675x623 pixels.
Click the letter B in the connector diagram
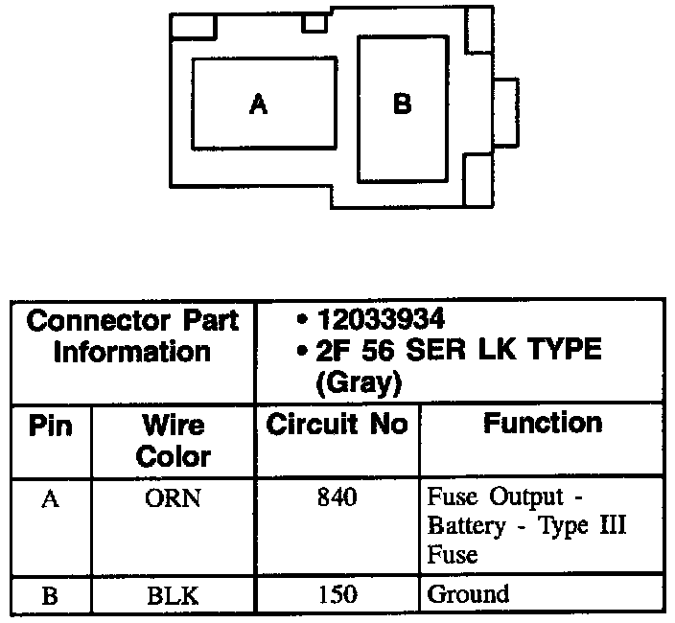pos(403,104)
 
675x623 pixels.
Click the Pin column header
pos(51,425)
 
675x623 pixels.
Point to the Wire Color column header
pos(173,439)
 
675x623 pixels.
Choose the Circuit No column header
pos(337,425)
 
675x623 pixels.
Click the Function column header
pos(542,423)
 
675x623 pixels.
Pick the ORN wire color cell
pos(174,499)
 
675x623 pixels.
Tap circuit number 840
pos(337,498)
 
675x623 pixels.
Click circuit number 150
pos(337,594)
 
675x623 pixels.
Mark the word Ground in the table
pos(468,594)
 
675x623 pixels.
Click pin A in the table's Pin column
pos(50,499)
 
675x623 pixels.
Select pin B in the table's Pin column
pos(50,595)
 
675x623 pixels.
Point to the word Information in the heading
pos(132,351)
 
